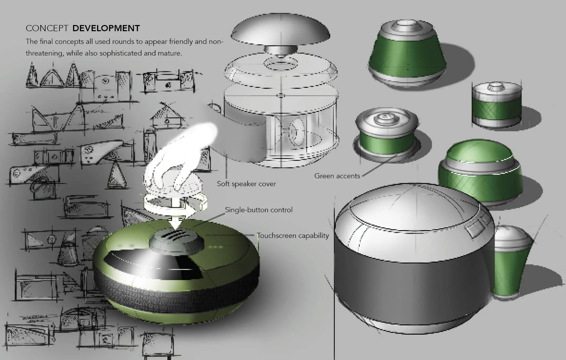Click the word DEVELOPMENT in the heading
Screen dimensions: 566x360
[106, 28]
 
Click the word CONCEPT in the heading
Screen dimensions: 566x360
[47, 28]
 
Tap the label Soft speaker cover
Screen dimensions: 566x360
[246, 184]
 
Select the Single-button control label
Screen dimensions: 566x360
[259, 210]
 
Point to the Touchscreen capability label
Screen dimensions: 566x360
[293, 236]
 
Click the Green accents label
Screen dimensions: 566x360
[337, 176]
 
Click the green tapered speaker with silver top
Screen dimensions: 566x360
[407, 54]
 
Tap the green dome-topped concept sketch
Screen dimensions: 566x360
[480, 172]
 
